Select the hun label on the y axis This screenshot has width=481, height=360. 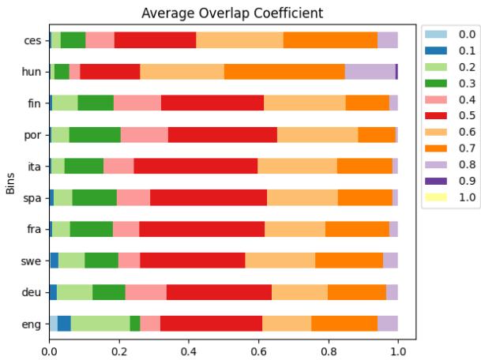point(32,72)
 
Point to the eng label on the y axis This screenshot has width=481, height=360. point(32,323)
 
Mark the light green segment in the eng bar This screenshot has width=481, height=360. point(100,323)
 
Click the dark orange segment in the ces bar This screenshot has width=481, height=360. point(330,40)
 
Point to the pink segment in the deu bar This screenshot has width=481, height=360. point(145,291)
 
